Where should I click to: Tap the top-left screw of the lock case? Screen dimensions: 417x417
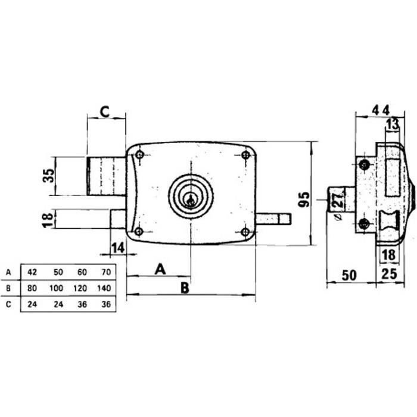(x=139, y=155)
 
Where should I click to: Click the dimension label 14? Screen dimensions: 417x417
(x=119, y=248)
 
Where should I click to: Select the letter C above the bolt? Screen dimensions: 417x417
(x=104, y=111)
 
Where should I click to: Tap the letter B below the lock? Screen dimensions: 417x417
(x=185, y=288)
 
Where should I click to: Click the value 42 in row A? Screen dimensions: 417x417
(x=33, y=272)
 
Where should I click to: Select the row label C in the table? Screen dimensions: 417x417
(x=8, y=303)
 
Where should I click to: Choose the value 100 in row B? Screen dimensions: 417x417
(x=56, y=287)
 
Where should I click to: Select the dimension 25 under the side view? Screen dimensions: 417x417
(x=391, y=275)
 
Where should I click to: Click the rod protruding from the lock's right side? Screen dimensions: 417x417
(x=274, y=219)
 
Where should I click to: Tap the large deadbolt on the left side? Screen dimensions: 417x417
(x=107, y=175)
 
